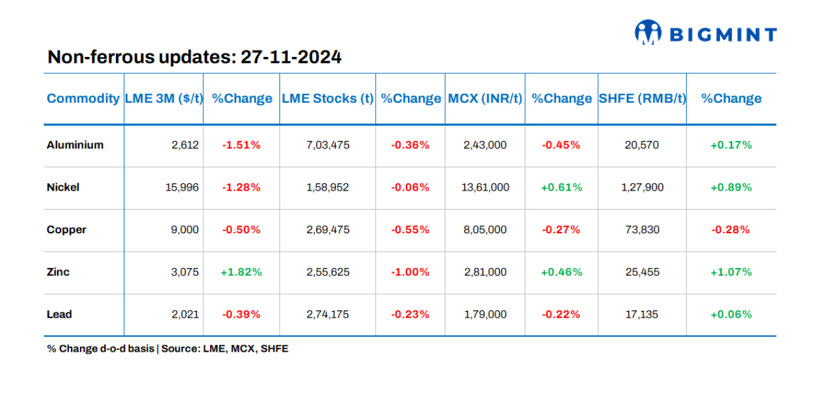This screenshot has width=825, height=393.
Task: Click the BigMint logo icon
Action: click(648, 32)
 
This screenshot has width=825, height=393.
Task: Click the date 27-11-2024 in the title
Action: click(291, 58)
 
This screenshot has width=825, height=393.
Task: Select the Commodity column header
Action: click(83, 98)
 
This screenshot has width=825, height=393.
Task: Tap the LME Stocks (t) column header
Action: click(327, 98)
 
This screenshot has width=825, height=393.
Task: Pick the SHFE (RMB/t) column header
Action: click(642, 98)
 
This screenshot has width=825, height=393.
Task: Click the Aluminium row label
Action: click(75, 145)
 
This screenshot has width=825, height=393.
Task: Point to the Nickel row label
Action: click(63, 187)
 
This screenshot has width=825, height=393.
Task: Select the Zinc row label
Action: click(58, 272)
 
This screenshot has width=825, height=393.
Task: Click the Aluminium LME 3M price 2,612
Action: click(185, 145)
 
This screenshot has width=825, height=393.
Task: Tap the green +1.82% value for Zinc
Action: click(241, 272)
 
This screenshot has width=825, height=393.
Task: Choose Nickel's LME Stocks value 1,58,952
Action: click(327, 187)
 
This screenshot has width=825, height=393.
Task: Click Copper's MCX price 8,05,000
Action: click(485, 230)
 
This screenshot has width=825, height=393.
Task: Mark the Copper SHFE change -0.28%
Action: click(731, 230)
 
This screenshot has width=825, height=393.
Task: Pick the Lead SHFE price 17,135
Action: click(642, 314)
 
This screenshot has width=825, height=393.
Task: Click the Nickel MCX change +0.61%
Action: click(561, 187)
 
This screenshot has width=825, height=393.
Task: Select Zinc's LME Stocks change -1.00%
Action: click(410, 272)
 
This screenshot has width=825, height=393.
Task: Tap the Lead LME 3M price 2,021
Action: click(185, 314)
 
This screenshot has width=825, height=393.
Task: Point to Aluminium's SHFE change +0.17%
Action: click(731, 145)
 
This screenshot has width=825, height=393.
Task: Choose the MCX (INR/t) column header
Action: click(485, 98)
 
